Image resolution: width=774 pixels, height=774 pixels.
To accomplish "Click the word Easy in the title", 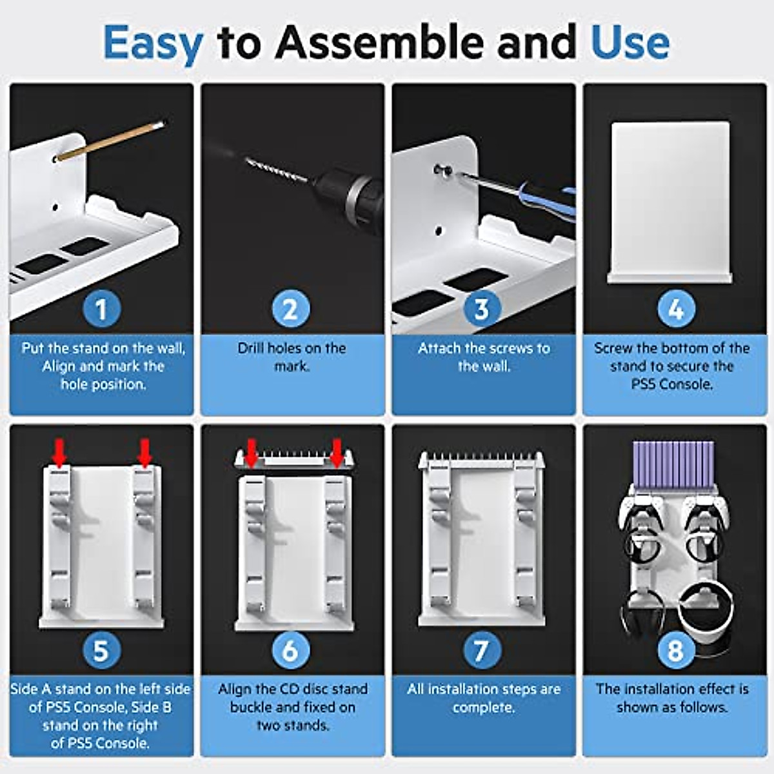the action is [x=153, y=45].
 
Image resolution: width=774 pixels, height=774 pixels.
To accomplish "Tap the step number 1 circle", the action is [x=102, y=308].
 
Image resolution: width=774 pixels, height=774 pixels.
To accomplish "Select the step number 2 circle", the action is [x=291, y=308].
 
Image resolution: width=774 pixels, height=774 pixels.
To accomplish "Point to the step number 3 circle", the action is [x=482, y=308].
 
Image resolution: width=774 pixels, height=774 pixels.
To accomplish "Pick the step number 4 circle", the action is [x=677, y=308].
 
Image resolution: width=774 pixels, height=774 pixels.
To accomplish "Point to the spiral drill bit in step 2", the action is [x=277, y=170].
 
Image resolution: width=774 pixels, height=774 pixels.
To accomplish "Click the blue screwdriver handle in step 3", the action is [x=546, y=201].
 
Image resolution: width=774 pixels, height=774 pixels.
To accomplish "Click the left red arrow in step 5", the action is [x=59, y=453].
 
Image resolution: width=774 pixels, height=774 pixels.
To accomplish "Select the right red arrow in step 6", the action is [x=337, y=453].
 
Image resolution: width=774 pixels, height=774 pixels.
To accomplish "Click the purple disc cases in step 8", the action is [x=673, y=464].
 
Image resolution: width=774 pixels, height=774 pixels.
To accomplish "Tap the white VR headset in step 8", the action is [x=706, y=611].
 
